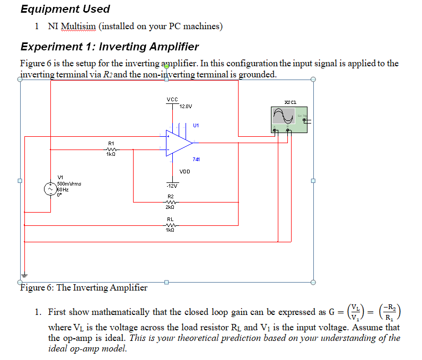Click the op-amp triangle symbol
[x=178, y=143]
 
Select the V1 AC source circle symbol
[x=50, y=188]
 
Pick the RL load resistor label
[x=170, y=218]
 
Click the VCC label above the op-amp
[x=172, y=99]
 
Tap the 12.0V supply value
[x=185, y=107]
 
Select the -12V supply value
[x=172, y=186]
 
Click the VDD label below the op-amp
[x=184, y=172]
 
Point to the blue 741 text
[x=196, y=159]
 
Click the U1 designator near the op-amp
[x=196, y=126]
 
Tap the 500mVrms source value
[x=69, y=183]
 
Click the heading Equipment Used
[x=65, y=9]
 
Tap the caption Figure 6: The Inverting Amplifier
[x=84, y=288]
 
